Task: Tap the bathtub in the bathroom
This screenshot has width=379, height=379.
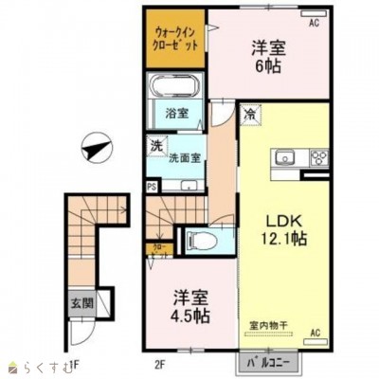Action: pyautogui.click(x=173, y=90)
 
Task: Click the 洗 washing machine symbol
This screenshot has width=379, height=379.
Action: pyautogui.click(x=153, y=146)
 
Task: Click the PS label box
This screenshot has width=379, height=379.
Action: pyautogui.click(x=152, y=187)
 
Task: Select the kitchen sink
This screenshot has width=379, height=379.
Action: pyautogui.click(x=284, y=157)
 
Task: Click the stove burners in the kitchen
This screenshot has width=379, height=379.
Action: pyautogui.click(x=317, y=157)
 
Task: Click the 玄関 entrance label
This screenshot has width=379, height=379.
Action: pyautogui.click(x=81, y=305)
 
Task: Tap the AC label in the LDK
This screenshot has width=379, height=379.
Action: pyautogui.click(x=316, y=333)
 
